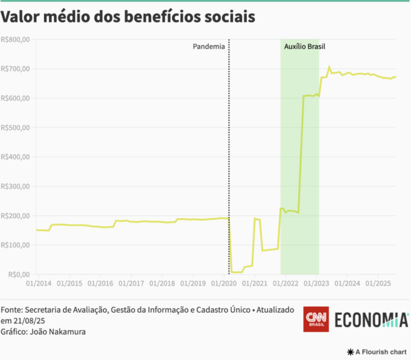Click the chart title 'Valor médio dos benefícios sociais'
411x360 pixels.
(128, 17)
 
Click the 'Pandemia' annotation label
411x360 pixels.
(209, 46)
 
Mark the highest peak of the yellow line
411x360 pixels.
(330, 67)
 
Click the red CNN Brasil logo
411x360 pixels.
(315, 319)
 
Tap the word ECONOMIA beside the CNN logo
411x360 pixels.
(371, 319)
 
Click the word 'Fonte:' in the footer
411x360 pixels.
(13, 310)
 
